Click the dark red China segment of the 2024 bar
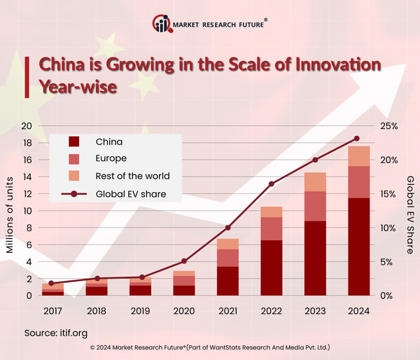point(359,247)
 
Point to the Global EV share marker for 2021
point(227,228)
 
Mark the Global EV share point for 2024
point(356,139)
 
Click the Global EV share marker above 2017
point(50,283)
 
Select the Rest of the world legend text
point(132,176)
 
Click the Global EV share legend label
point(131,193)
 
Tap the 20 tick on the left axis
point(27,126)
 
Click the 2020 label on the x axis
point(184,310)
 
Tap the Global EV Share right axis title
point(410,209)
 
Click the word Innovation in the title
point(329,65)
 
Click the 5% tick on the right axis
point(388,262)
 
